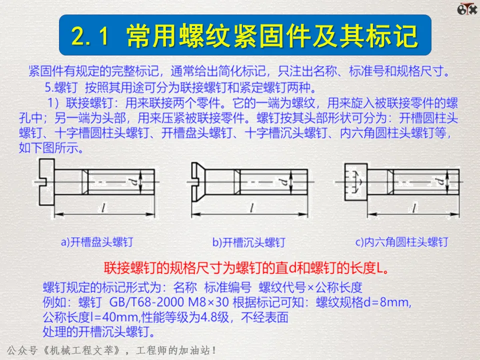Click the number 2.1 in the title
(90, 36)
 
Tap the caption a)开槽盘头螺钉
(97, 242)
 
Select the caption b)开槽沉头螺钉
(249, 242)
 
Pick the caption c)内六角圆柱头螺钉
(401, 242)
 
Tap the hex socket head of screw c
(355, 182)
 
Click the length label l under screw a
(103, 208)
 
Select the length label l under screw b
(251, 208)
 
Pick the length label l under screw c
(414, 208)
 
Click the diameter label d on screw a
(133, 182)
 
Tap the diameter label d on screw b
(283, 182)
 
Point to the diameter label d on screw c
(440, 182)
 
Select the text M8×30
(208, 302)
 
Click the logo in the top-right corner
(467, 9)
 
